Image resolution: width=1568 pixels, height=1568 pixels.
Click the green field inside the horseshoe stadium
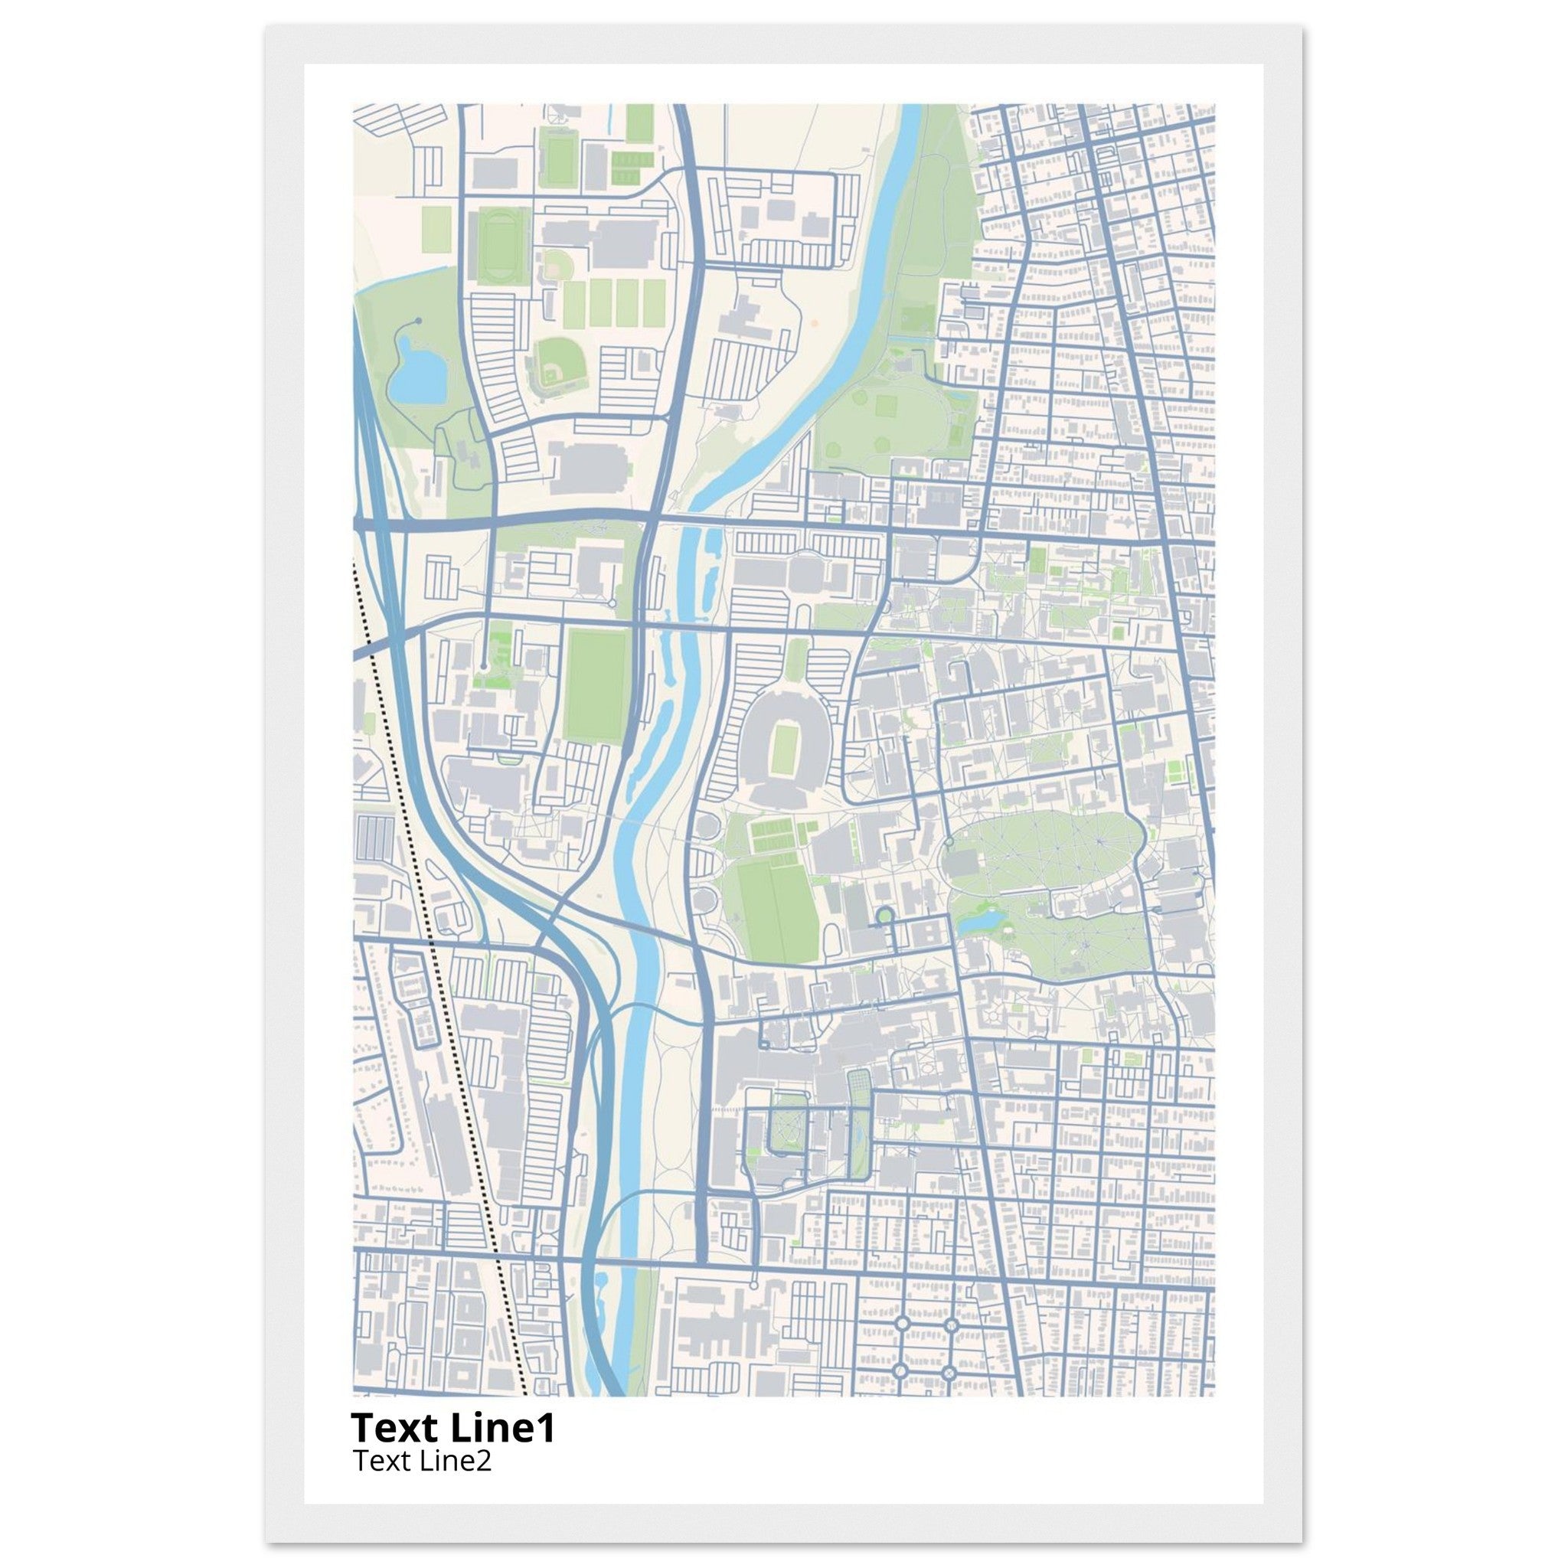783,744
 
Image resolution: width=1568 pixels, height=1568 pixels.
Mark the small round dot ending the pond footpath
418,322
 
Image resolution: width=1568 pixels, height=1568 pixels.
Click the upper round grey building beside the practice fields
704,827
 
